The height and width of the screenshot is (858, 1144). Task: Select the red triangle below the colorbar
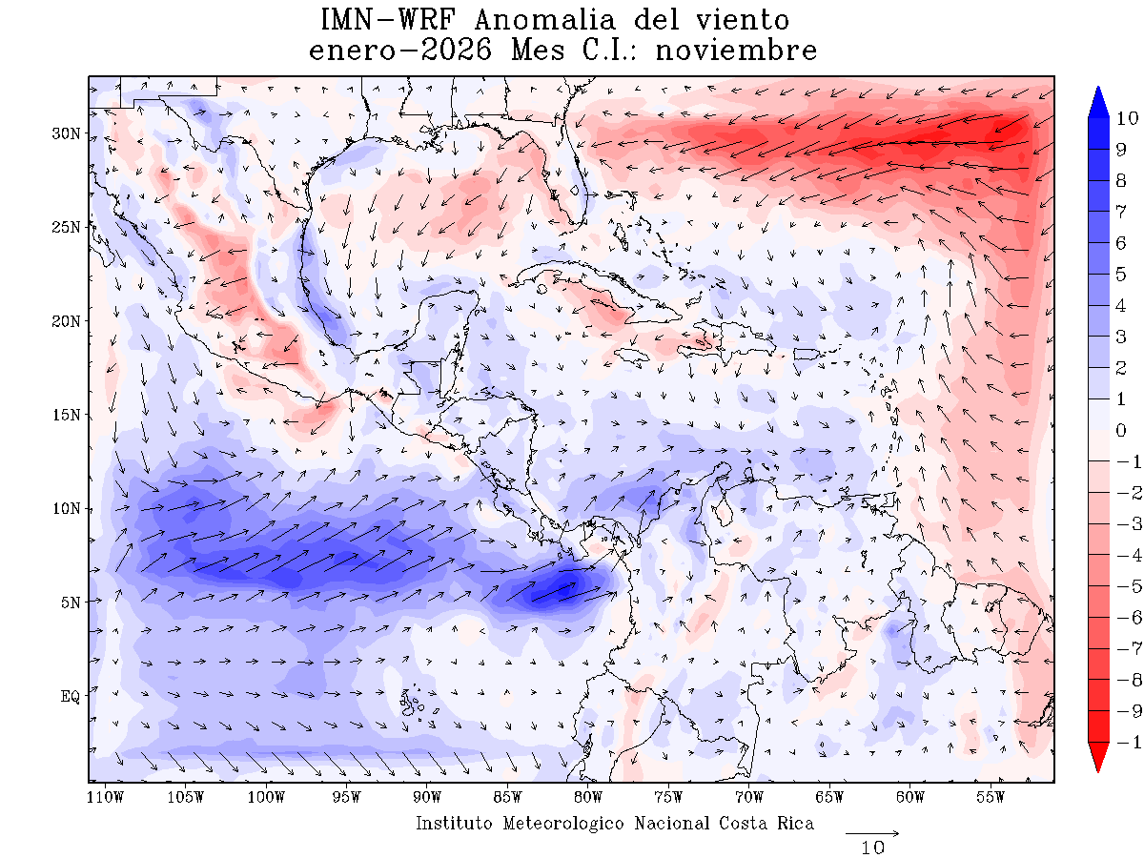(x=1098, y=759)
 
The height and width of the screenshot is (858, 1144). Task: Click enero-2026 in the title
(x=400, y=50)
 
